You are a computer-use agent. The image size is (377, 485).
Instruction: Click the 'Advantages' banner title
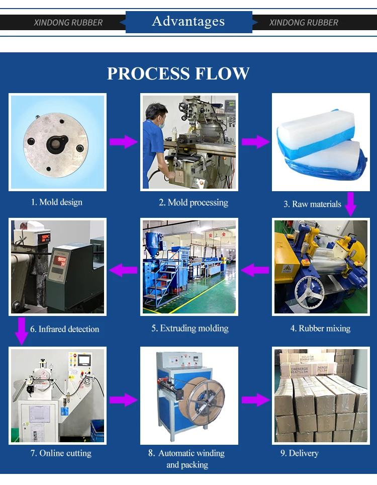(189, 22)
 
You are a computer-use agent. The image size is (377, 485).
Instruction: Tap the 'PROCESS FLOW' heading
(178, 73)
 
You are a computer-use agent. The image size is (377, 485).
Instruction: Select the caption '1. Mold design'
(57, 202)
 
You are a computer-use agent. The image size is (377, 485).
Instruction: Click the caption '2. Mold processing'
(194, 203)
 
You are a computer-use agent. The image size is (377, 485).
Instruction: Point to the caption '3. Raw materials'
(312, 204)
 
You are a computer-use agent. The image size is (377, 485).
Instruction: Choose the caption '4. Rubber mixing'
(320, 329)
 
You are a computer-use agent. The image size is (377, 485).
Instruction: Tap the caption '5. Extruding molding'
(190, 329)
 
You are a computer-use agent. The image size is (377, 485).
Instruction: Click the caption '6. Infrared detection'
(64, 329)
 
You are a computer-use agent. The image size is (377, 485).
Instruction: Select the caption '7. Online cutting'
(61, 453)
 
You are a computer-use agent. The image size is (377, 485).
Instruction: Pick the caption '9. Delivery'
(300, 453)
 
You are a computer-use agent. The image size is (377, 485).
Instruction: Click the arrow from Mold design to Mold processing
(124, 142)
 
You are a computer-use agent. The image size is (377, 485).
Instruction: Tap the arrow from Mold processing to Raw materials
(255, 142)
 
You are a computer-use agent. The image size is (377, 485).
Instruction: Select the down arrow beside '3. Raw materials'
(351, 203)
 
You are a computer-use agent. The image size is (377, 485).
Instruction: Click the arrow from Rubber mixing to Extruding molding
(255, 271)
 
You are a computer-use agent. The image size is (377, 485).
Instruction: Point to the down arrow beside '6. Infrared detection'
(21, 331)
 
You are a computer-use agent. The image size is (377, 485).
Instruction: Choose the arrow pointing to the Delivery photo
(255, 400)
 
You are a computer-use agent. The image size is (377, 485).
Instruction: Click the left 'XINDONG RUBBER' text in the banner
(68, 23)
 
